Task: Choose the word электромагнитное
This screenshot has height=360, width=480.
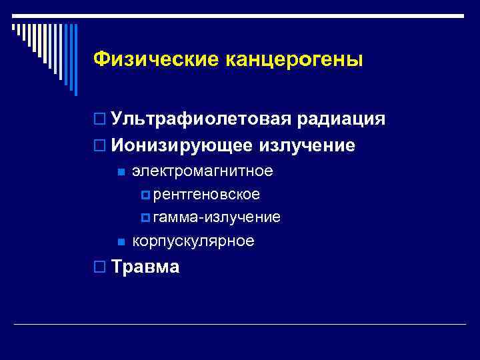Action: click(x=203, y=171)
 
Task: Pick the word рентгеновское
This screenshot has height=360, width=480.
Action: click(x=207, y=195)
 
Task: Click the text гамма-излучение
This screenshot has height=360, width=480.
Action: click(x=217, y=217)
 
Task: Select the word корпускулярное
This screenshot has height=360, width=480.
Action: click(x=193, y=241)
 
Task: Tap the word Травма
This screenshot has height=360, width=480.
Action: click(x=146, y=267)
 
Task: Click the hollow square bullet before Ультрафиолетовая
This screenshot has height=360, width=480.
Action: click(x=99, y=120)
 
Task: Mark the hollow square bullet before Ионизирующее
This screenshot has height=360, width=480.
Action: click(x=99, y=145)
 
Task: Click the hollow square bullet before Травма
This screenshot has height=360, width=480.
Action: click(x=99, y=267)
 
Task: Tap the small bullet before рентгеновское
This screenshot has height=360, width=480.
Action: click(x=146, y=195)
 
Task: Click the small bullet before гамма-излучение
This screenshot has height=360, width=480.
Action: click(x=146, y=218)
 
